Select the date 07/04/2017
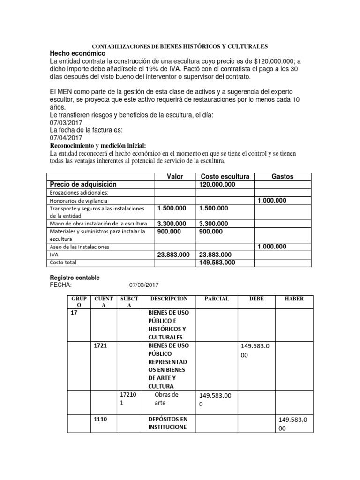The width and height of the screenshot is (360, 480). [x=66, y=138]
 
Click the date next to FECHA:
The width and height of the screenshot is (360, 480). [x=144, y=285]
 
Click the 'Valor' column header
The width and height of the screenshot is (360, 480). [x=175, y=176]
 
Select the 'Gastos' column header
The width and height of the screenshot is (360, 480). [x=283, y=176]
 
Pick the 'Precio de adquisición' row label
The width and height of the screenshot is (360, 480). [x=83, y=185]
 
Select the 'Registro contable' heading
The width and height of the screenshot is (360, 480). [x=75, y=277]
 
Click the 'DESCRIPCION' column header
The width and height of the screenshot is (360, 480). [x=169, y=299]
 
